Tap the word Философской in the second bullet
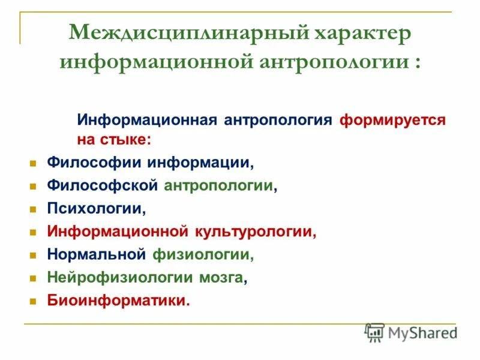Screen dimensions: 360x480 click(x=103, y=185)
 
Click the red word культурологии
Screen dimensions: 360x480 click(x=254, y=232)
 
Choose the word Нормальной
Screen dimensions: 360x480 click(x=97, y=254)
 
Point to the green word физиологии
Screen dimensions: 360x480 click(x=202, y=254)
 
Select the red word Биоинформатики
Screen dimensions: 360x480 click(x=118, y=301)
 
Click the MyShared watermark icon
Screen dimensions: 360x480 click(x=375, y=332)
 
